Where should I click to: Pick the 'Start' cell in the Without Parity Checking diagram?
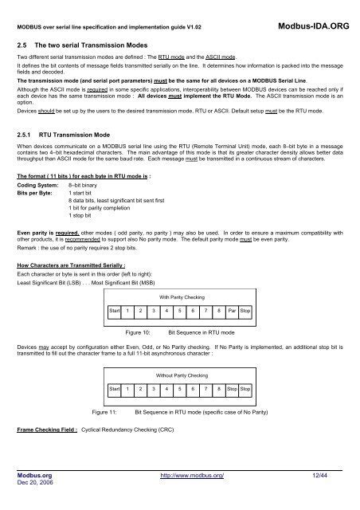116,389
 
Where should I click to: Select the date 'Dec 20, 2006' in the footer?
36,484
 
